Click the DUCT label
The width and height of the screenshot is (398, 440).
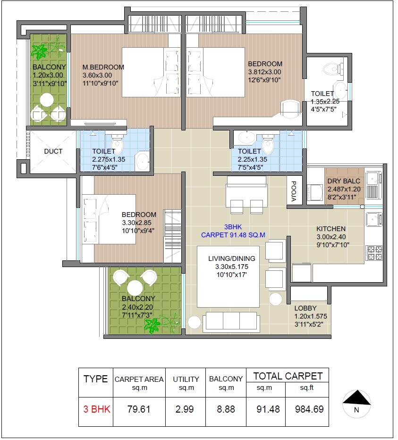point(53,151)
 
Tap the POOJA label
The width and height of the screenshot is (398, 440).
point(293,191)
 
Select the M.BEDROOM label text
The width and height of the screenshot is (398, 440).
point(103,67)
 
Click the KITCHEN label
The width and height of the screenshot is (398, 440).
point(330,229)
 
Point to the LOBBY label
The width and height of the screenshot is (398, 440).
point(305,308)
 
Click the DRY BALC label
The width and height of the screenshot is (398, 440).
point(343,181)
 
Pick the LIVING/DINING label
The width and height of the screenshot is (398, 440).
point(232,259)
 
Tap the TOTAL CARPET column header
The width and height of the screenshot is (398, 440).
point(288,376)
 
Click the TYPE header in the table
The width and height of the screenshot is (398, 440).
point(95,379)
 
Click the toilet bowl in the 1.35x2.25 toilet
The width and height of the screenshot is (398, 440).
point(332,69)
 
